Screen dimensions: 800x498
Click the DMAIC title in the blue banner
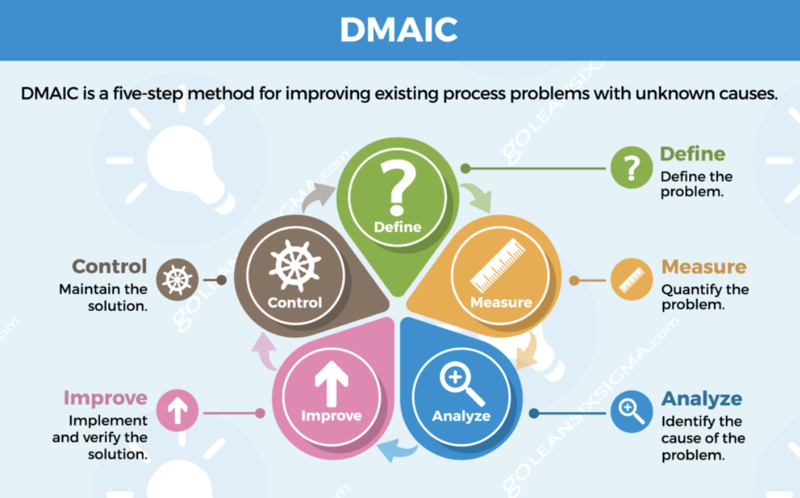coord(399,30)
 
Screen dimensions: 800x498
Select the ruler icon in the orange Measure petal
coord(497,265)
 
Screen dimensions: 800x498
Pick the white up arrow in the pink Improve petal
coord(331,384)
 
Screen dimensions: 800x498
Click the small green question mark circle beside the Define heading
coord(632,168)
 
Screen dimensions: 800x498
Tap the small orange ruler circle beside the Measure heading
coord(632,279)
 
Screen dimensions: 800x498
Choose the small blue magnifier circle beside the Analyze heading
coord(632,412)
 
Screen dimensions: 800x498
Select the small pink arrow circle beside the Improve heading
coord(177,411)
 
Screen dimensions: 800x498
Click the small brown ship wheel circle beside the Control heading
coord(177,279)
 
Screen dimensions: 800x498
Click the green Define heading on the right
coord(692,153)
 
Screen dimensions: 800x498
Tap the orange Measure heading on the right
coord(704,266)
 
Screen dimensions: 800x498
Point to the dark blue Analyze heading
coord(702,399)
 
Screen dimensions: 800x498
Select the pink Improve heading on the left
coord(106,398)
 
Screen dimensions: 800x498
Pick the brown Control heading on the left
coord(109,266)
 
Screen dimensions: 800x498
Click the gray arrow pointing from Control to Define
coord(317,196)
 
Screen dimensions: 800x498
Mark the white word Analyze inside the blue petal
coord(461,417)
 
